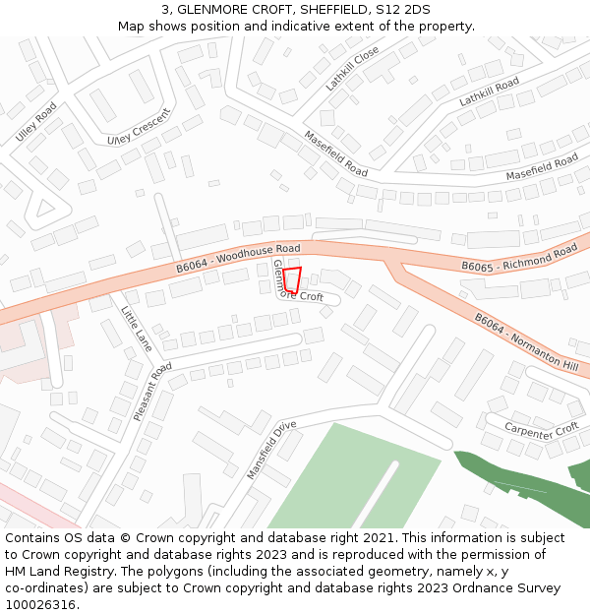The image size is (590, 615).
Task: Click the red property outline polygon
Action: point(292,279)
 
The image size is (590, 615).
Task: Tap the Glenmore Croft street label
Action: point(297,281)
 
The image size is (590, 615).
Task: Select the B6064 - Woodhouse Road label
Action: point(238,258)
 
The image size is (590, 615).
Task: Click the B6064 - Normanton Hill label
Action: point(526,341)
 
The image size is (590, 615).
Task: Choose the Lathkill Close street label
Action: point(352,69)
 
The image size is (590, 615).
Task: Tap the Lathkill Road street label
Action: point(489,92)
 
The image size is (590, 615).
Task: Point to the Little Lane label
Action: point(136,329)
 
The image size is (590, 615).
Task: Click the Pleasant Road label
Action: point(152,392)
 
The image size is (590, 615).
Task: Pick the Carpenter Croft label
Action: point(541,429)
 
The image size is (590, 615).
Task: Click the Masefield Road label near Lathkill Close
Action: point(335,154)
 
